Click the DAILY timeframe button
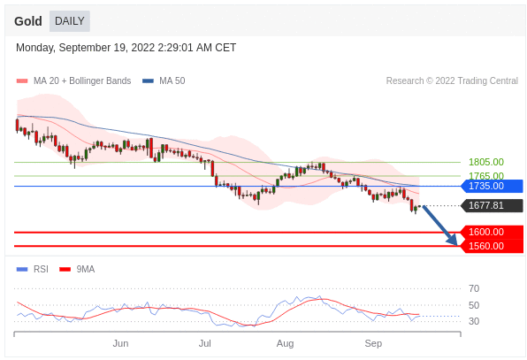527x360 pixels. [70, 21]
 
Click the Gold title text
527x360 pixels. [28, 21]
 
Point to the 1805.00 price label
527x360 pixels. [486, 162]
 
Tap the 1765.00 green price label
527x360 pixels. [486, 175]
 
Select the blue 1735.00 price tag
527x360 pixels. [492, 186]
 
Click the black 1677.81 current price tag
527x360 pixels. [492, 205]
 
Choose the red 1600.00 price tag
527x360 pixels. [492, 232]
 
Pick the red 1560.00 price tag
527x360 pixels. [492, 246]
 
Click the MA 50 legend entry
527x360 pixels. [164, 80]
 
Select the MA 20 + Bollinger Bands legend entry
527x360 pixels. [74, 80]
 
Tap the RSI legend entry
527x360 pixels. [33, 269]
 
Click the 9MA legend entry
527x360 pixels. [77, 269]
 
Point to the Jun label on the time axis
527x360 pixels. [120, 343]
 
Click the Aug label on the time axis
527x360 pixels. [285, 343]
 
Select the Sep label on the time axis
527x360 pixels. [373, 343]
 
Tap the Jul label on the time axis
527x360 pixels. [204, 343]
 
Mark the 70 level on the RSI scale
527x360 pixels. [474, 288]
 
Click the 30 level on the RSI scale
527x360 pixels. [474, 321]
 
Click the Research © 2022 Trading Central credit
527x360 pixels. [452, 80]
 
